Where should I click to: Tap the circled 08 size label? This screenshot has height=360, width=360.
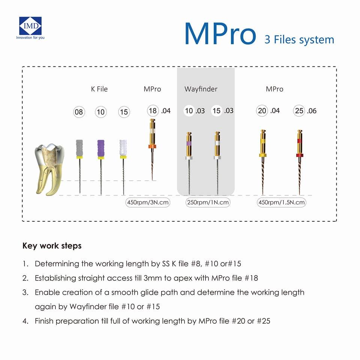pyautogui.click(x=79, y=112)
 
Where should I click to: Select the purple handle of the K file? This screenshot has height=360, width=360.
pyautogui.click(x=100, y=147)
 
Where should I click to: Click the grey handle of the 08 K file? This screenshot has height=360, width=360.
pyautogui.click(x=79, y=147)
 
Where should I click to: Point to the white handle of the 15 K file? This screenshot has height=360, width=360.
pyautogui.click(x=123, y=147)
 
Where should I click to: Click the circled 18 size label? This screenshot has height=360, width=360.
pyautogui.click(x=153, y=110)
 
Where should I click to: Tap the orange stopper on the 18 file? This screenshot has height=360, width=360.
pyautogui.click(x=152, y=146)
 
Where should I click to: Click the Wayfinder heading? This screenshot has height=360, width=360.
pyautogui.click(x=201, y=89)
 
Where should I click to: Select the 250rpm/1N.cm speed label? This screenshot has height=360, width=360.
pyautogui.click(x=208, y=202)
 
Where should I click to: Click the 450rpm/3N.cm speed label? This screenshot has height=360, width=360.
pyautogui.click(x=148, y=202)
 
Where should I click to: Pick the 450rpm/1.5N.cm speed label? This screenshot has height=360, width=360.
pyautogui.click(x=281, y=202)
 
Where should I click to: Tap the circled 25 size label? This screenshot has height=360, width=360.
pyautogui.click(x=299, y=111)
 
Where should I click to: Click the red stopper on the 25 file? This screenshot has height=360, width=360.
pyautogui.click(x=299, y=155)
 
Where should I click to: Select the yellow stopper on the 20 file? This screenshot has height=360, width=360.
pyautogui.click(x=262, y=155)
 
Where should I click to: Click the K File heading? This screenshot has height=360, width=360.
pyautogui.click(x=99, y=89)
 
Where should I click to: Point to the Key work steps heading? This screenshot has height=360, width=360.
pyautogui.click(x=52, y=246)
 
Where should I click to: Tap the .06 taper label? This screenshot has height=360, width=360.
pyautogui.click(x=312, y=111)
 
